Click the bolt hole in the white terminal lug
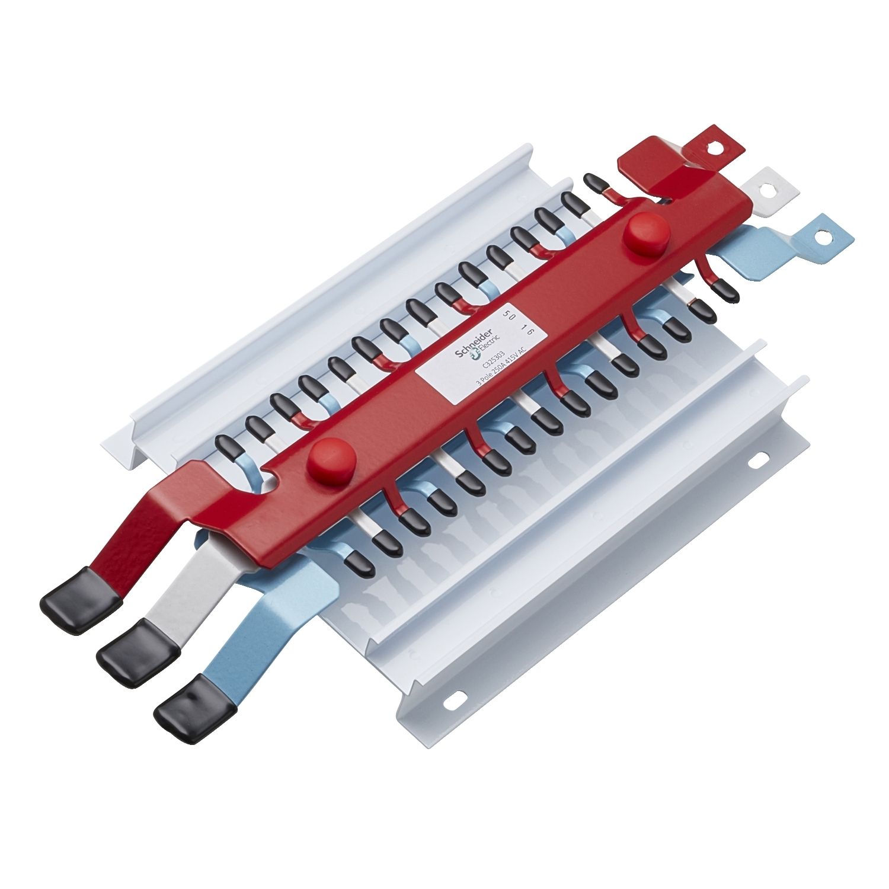tap(769, 190)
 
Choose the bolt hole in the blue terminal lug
tap(820, 237)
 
